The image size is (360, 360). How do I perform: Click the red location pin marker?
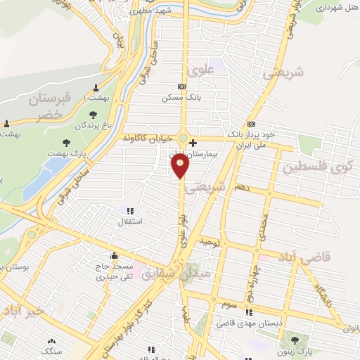tap(181, 165)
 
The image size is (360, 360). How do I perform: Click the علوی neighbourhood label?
tap(200, 70)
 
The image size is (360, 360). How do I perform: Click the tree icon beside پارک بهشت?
tap(67, 143)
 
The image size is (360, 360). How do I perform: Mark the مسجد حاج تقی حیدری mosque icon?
tap(115, 256)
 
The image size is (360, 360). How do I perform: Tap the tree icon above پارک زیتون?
tap(295, 340)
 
